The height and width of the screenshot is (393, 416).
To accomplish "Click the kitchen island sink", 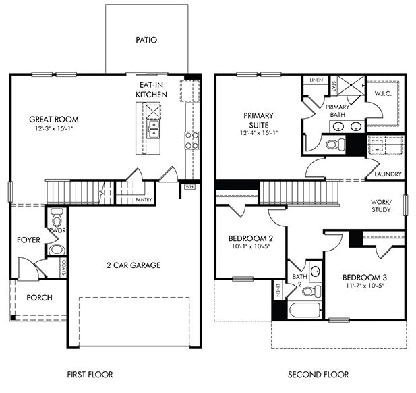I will pos(154,126).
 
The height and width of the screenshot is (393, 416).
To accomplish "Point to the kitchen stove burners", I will pos(191,140).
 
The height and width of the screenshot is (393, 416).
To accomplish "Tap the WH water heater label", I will pos(189,187).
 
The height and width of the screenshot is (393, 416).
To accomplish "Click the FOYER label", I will pos(29,240).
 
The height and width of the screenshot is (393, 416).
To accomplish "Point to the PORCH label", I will pos(38,298).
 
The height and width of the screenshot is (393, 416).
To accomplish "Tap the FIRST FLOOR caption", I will pos(90,374).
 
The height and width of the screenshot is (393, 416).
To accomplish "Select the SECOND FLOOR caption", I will pos(318,374).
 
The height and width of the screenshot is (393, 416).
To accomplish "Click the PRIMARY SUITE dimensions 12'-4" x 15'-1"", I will pos(260,133).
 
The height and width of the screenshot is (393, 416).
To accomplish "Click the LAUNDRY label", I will pos(388,174).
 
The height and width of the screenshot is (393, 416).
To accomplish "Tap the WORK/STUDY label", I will pos(382,205).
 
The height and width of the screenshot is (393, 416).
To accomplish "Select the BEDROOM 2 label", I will pos(251,238).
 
